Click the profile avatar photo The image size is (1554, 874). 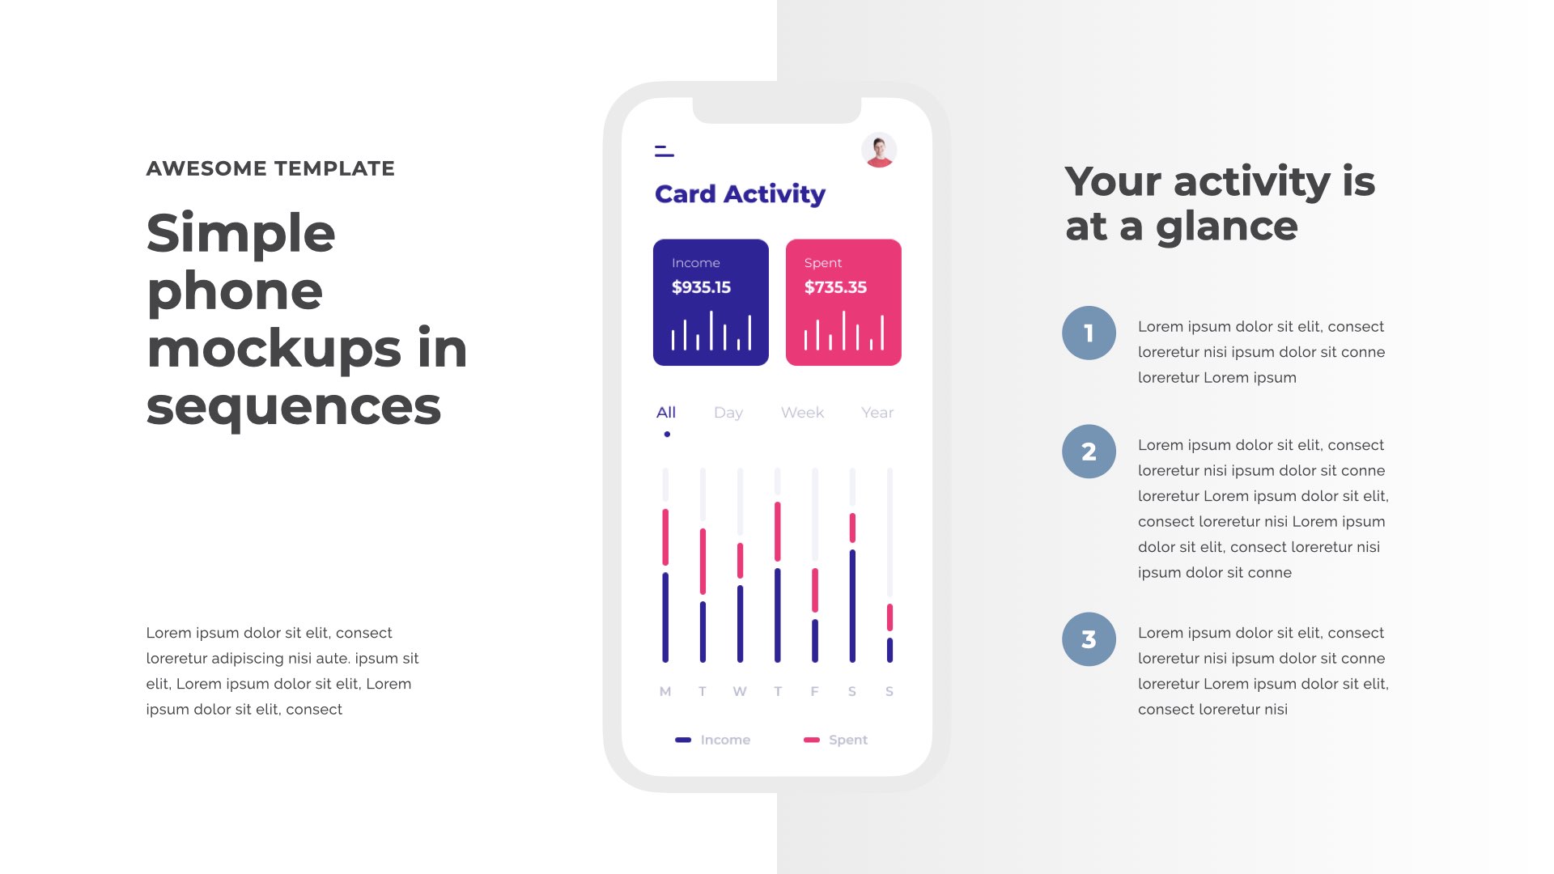click(x=879, y=151)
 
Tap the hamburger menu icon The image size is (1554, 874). click(x=664, y=151)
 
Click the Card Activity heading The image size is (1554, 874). click(x=740, y=194)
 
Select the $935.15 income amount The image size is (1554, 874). click(x=701, y=287)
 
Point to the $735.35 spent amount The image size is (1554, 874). click(x=835, y=287)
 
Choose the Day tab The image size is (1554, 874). click(x=728, y=413)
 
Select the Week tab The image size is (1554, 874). click(x=802, y=413)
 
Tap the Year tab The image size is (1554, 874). click(x=877, y=413)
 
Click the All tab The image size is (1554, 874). click(x=666, y=413)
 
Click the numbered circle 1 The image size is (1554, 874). click(x=1089, y=333)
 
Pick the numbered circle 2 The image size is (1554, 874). click(x=1089, y=452)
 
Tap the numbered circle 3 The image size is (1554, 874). click(x=1089, y=639)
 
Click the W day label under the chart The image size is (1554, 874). click(x=740, y=691)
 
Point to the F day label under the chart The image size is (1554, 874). click(x=814, y=691)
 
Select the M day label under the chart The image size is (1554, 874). click(x=665, y=691)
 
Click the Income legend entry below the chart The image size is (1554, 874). click(x=712, y=740)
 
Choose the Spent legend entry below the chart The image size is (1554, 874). click(x=835, y=740)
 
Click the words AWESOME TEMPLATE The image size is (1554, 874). click(x=270, y=168)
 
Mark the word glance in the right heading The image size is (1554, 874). click(x=1227, y=226)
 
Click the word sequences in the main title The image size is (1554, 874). click(x=294, y=406)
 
